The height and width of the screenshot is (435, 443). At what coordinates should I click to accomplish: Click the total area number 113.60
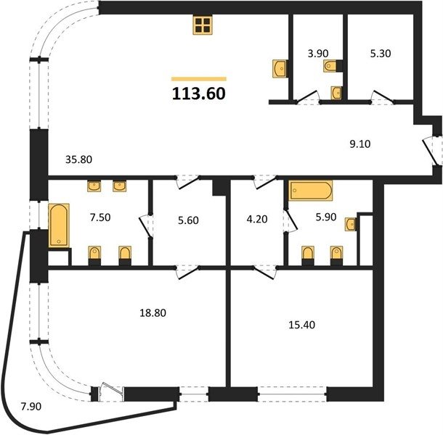click(198, 94)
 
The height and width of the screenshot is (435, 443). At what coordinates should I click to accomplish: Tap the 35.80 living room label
click(79, 159)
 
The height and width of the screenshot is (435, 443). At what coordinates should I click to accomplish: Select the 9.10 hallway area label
click(360, 144)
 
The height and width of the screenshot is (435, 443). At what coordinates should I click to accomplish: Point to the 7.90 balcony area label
click(31, 407)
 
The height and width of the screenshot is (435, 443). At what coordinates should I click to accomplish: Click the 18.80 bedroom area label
click(153, 313)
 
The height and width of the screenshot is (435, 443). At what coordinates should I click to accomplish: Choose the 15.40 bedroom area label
click(301, 325)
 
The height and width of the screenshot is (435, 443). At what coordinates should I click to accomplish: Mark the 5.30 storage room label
click(381, 54)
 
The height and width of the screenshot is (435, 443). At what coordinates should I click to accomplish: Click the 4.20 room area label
click(257, 219)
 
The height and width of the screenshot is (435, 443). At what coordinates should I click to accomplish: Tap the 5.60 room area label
click(188, 220)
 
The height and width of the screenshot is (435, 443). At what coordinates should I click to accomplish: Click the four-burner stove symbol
click(203, 25)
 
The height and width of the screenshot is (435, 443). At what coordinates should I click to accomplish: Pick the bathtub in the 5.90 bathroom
click(311, 191)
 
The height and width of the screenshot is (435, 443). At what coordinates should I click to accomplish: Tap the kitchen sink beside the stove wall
click(280, 68)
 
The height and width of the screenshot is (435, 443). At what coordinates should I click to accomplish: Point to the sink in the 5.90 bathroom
click(351, 224)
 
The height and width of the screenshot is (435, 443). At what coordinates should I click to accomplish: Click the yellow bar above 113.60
click(199, 79)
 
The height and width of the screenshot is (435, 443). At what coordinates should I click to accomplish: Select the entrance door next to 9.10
click(430, 151)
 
